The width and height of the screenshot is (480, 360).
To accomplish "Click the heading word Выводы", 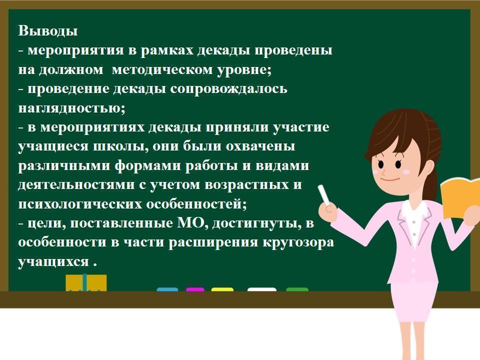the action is coord(48,31).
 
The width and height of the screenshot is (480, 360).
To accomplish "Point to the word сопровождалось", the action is coord(228,89).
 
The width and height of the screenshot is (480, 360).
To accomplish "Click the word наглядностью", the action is coord(71,108).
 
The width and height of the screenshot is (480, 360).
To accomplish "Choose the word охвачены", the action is coord(260,146).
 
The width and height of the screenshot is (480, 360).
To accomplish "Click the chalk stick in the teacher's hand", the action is coord(324,195).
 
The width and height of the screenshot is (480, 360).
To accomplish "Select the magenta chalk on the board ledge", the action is coord(195,289).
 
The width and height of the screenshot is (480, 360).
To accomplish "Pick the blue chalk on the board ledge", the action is coord(167,289).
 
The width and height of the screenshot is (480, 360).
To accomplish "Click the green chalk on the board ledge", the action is coord(297,289).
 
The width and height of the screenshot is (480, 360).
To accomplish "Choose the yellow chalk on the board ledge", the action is coord(222,289).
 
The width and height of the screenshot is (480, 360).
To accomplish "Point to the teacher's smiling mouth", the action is coord(390,179).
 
